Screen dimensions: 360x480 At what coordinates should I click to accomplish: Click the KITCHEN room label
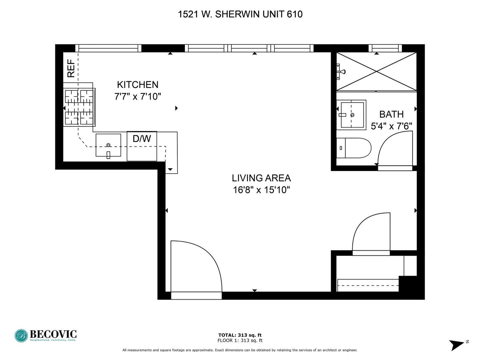(x=137, y=85)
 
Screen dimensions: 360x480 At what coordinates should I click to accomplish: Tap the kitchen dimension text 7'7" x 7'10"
(x=137, y=97)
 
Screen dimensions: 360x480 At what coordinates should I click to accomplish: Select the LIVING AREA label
(x=261, y=178)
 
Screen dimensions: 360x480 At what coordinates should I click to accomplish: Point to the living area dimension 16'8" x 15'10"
(x=261, y=190)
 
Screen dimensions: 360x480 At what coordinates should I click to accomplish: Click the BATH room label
(x=391, y=114)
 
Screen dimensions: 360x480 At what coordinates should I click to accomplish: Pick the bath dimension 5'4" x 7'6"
(x=391, y=126)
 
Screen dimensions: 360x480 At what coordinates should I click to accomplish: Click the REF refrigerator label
(x=71, y=68)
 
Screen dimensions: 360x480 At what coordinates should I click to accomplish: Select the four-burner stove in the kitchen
(x=79, y=107)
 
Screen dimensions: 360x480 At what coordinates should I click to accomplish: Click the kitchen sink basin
(x=108, y=145)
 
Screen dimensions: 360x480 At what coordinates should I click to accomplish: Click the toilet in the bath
(x=354, y=148)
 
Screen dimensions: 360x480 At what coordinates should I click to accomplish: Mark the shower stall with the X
(x=376, y=71)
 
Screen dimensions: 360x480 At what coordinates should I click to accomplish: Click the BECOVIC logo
(x=46, y=335)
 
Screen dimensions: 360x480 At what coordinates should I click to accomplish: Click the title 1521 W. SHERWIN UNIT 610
(x=240, y=14)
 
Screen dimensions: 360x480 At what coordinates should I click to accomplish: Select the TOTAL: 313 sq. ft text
(x=240, y=335)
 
